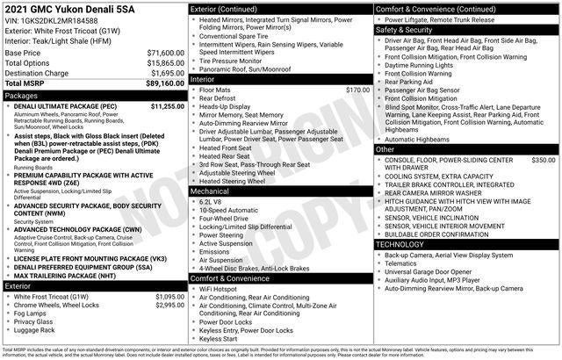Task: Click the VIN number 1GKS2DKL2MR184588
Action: tap(61, 21)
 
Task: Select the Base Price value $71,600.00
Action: tap(164, 54)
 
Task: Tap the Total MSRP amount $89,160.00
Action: tap(164, 83)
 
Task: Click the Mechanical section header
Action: tap(210, 190)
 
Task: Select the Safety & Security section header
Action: tap(404, 29)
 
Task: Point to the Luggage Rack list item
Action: tap(35, 330)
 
